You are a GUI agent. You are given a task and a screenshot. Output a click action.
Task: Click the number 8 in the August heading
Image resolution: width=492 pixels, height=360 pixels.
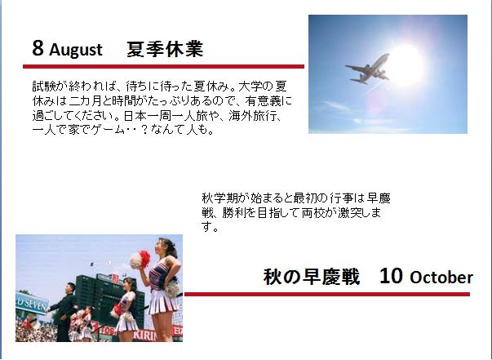38,48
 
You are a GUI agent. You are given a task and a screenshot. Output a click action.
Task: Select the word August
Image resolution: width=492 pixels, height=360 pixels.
76,51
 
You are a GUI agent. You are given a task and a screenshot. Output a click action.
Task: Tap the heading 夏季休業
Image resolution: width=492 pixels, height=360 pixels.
165,49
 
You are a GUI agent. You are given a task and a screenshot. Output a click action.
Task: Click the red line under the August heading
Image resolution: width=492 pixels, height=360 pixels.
163,67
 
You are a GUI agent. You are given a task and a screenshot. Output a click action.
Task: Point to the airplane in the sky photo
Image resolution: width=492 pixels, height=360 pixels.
368,69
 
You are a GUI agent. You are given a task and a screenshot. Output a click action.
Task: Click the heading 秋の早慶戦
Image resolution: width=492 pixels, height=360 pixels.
311,277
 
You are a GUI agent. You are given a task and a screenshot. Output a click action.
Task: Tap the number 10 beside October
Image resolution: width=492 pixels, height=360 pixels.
391,276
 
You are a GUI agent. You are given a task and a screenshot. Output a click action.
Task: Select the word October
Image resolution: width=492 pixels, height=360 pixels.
441,278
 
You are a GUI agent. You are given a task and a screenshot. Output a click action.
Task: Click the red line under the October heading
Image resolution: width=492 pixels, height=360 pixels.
327,294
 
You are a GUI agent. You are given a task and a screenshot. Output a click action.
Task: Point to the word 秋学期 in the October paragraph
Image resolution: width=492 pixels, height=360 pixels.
219,198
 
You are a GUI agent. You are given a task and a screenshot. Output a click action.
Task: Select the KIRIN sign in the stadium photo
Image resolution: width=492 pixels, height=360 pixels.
144,336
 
